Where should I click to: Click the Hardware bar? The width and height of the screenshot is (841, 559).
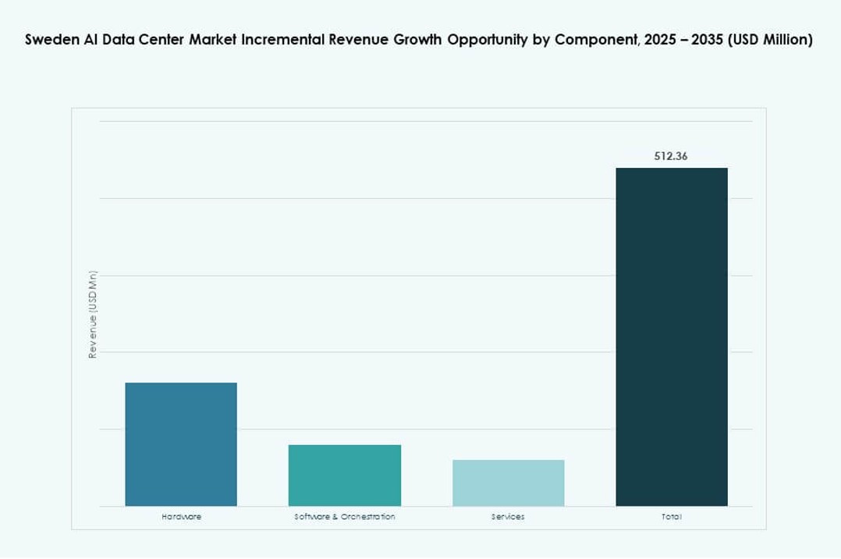pyautogui.click(x=181, y=444)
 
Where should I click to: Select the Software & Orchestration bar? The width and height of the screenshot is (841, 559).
pyautogui.click(x=345, y=475)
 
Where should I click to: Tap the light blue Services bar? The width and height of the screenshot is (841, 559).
pyautogui.click(x=508, y=483)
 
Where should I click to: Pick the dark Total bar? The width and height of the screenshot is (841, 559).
pyautogui.click(x=672, y=336)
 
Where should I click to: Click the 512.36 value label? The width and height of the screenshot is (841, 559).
pyautogui.click(x=671, y=156)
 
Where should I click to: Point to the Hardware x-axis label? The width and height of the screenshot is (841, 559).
pyautogui.click(x=181, y=517)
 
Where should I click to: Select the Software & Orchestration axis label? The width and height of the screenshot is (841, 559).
pyautogui.click(x=345, y=517)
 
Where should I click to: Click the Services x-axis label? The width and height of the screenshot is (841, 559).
pyautogui.click(x=508, y=517)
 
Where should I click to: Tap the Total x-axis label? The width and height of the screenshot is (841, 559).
pyautogui.click(x=672, y=517)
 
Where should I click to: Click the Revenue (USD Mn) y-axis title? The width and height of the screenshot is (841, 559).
pyautogui.click(x=93, y=314)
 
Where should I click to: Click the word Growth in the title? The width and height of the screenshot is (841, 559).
pyautogui.click(x=420, y=41)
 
